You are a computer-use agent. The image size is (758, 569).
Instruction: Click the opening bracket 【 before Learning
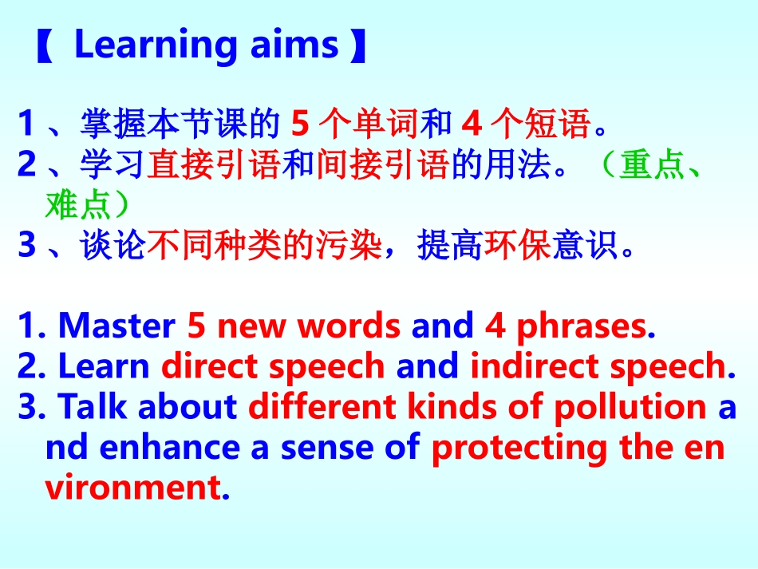point(44,46)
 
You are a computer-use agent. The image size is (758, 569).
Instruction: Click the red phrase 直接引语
point(211,164)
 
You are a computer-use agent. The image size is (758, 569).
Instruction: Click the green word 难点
point(77,205)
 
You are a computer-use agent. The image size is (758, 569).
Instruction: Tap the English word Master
point(117,326)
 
